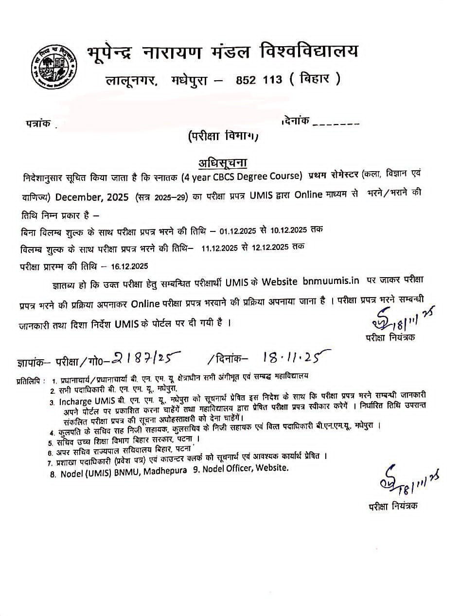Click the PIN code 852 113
pos(259,79)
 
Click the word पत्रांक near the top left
pos(38,123)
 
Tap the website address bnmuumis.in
pos(331,281)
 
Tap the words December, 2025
pos(92,197)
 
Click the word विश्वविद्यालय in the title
pos(309,50)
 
